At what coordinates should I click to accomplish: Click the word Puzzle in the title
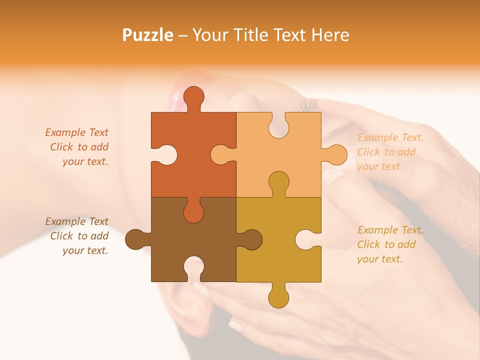147,35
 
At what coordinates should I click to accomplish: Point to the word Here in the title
330,35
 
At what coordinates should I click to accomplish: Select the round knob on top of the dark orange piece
193,97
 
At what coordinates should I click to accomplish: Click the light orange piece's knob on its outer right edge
336,154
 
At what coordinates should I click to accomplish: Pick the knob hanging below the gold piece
278,297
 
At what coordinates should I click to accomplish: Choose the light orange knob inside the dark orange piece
221,154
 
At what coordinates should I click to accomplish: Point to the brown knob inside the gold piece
251,239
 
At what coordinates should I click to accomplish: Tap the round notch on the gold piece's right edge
306,239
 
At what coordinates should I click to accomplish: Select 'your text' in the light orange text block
378,166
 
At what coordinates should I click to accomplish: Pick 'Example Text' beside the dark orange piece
76,132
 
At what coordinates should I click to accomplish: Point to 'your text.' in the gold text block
379,259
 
